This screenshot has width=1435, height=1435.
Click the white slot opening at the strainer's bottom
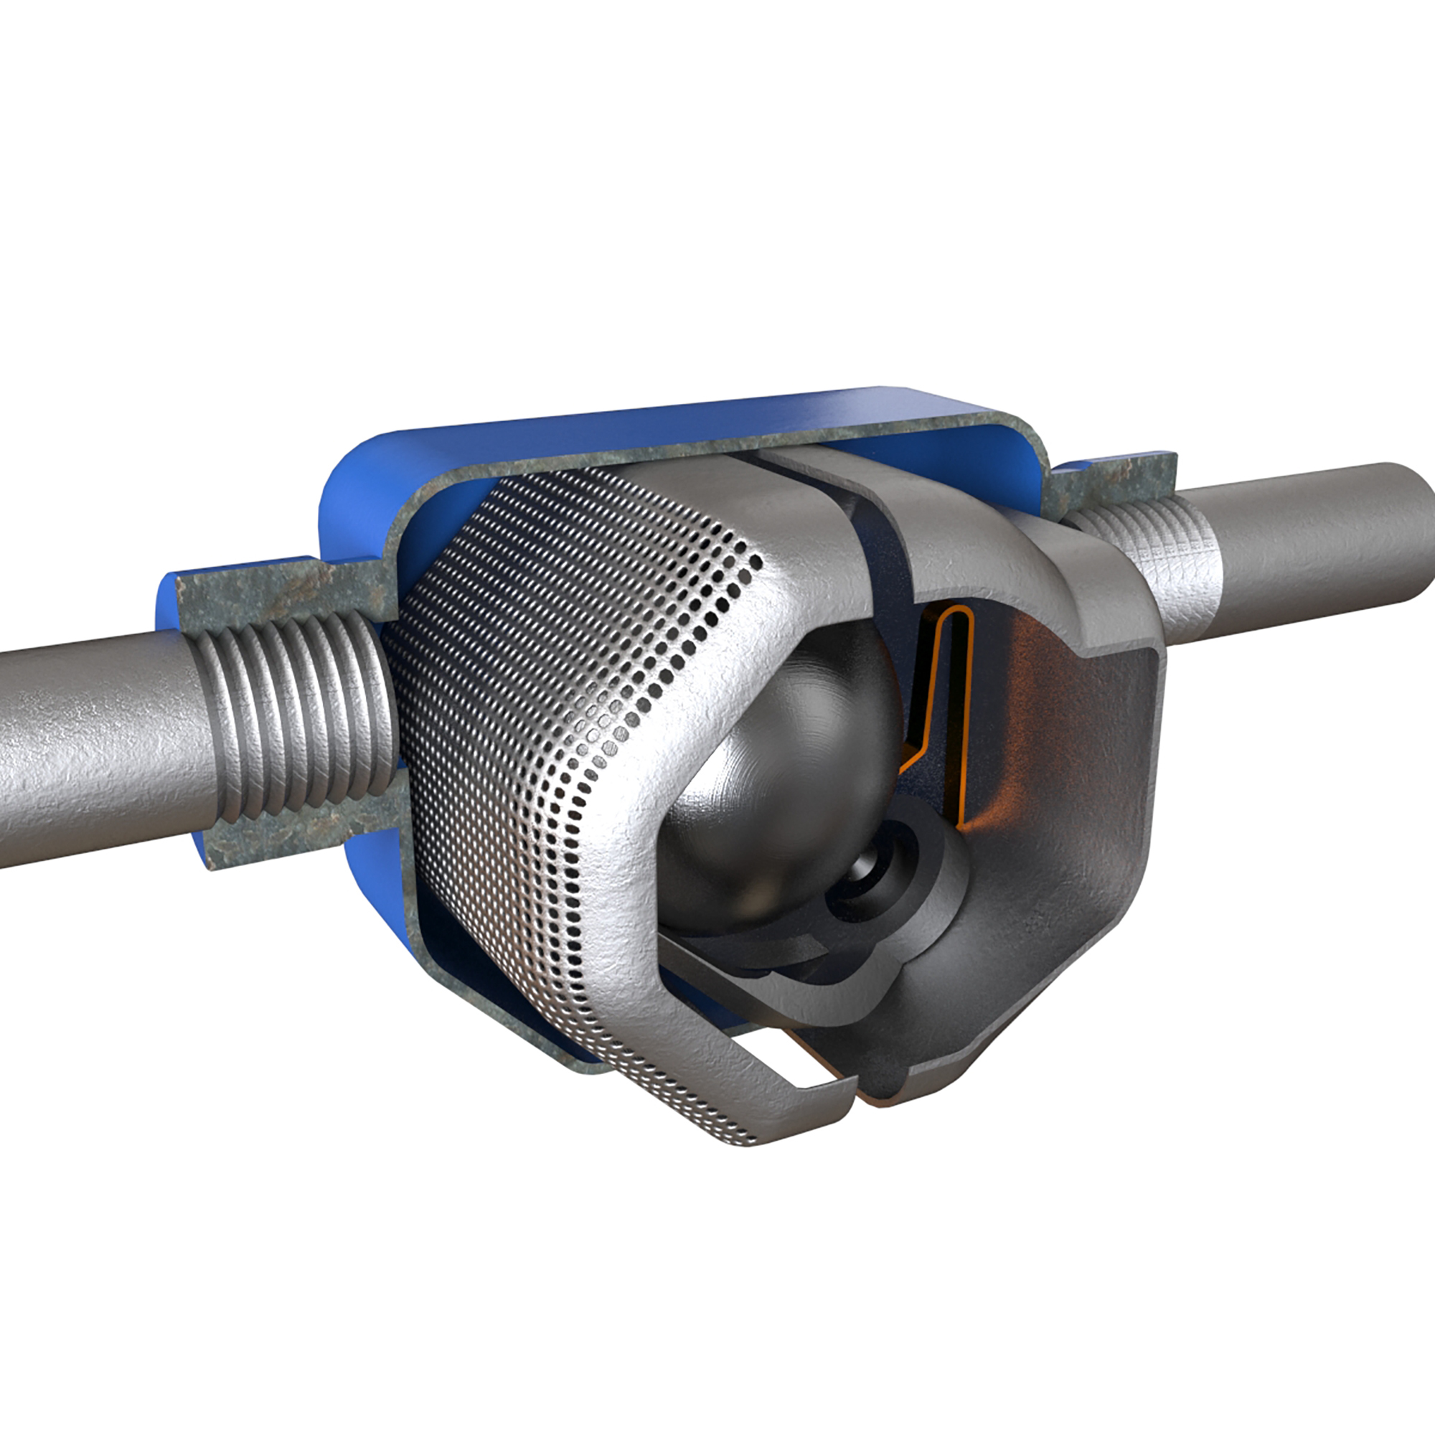[802, 1062]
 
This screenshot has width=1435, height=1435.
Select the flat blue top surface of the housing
[669, 423]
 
